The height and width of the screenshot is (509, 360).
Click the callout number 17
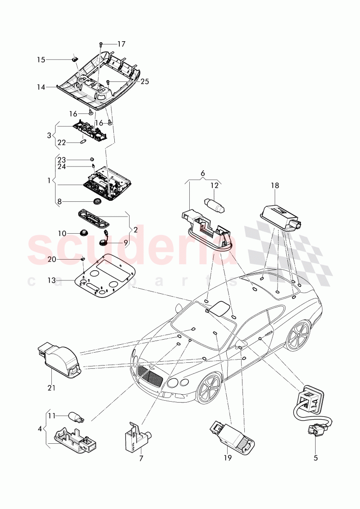[121, 44]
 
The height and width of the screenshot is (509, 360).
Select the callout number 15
[41, 60]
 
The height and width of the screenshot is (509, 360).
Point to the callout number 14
[41, 87]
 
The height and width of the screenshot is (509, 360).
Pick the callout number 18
[275, 186]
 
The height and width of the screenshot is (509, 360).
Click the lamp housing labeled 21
[59, 357]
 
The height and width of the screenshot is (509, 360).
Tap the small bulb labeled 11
[75, 418]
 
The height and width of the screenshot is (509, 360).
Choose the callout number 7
[141, 458]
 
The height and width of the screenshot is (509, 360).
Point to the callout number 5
[316, 458]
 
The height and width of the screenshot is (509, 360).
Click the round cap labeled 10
[84, 232]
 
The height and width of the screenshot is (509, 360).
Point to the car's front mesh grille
[149, 375]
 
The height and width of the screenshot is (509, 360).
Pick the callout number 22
[62, 143]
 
